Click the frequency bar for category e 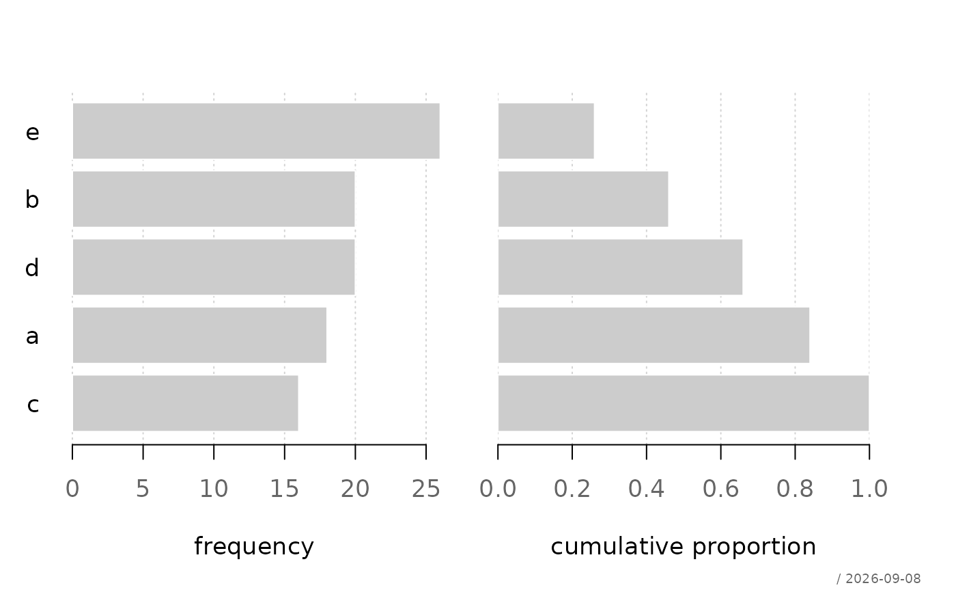(x=256, y=131)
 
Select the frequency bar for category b (x=214, y=199)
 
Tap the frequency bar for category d (x=214, y=267)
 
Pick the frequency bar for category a (x=199, y=335)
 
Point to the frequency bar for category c (x=186, y=403)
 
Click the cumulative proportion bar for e (x=546, y=131)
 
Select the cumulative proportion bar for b (x=583, y=199)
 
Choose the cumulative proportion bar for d (x=621, y=267)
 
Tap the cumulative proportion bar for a (x=654, y=335)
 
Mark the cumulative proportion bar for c (x=684, y=403)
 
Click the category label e (x=33, y=133)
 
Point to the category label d (x=32, y=267)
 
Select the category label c (x=33, y=405)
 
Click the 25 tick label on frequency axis (x=426, y=489)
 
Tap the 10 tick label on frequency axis (x=214, y=489)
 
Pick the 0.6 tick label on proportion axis (x=721, y=489)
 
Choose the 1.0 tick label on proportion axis (x=869, y=489)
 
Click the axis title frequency (x=254, y=547)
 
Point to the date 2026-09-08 (x=883, y=579)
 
